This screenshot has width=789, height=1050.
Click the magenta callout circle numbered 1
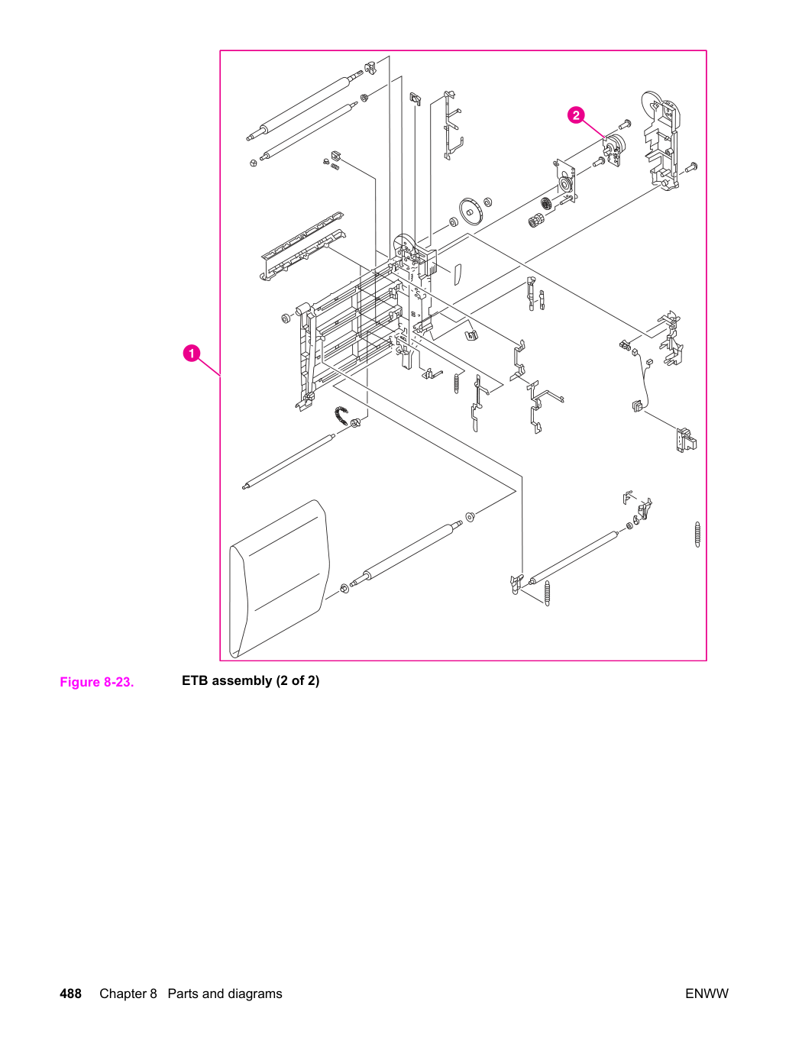coord(192,354)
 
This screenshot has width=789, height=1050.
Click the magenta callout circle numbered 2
coord(576,115)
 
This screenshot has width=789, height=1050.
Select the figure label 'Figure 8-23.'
coord(97,682)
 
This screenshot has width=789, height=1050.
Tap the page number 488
coord(70,994)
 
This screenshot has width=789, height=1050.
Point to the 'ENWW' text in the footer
coord(707,994)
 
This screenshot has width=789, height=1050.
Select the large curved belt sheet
coord(280,579)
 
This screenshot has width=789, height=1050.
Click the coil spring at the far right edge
coord(697,535)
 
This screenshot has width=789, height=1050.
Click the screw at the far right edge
coord(691,167)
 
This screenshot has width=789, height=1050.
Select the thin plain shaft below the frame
coord(289,461)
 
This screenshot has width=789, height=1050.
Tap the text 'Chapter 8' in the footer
coord(128,994)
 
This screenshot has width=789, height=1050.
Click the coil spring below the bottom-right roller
coord(548,593)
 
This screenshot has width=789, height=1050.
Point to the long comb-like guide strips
coord(302,245)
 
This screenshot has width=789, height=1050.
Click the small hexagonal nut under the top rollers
coord(253,163)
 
